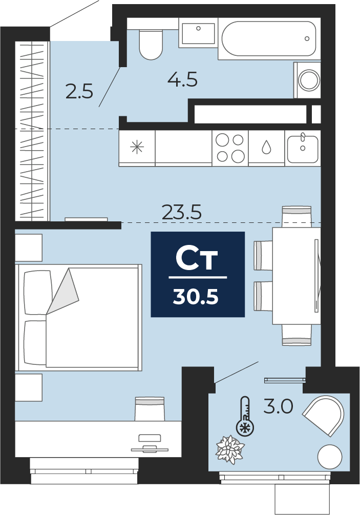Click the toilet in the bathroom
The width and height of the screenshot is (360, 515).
pyautogui.click(x=151, y=45)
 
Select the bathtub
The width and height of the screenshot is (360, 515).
pyautogui.click(x=269, y=39)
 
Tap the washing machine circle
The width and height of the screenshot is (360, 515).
pyautogui.click(x=309, y=80)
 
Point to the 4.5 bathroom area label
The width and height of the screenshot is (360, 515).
pyautogui.click(x=182, y=79)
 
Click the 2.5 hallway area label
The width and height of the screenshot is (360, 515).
pyautogui.click(x=79, y=91)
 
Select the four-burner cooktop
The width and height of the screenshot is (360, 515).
pyautogui.click(x=230, y=148)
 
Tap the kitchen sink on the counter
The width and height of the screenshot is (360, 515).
pyautogui.click(x=303, y=148)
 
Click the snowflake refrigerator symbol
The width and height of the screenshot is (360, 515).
pyautogui.click(x=137, y=147)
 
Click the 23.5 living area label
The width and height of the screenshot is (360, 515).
pyautogui.click(x=182, y=212)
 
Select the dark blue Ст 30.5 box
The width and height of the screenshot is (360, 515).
pyautogui.click(x=198, y=274)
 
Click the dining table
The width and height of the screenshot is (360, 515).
pyautogui.click(x=297, y=276)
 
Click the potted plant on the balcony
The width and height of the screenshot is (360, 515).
pyautogui.click(x=230, y=449)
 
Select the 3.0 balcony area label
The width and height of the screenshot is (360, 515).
pyautogui.click(x=278, y=407)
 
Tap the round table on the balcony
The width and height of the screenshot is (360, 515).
pyautogui.click(x=330, y=457)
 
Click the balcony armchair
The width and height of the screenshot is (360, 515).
pyautogui.click(x=325, y=415)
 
